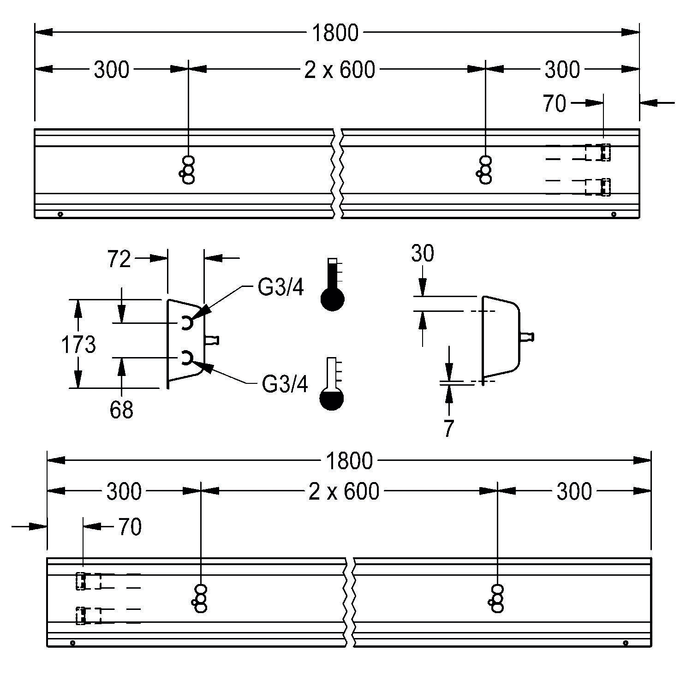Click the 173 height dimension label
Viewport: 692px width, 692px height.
pyautogui.click(x=78, y=345)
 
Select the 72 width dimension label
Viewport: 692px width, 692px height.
pyautogui.click(x=119, y=259)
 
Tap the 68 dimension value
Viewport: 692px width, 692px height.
pyautogui.click(x=121, y=410)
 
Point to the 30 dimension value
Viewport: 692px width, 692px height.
pyautogui.click(x=423, y=254)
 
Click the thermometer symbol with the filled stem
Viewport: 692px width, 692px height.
pyautogui.click(x=332, y=284)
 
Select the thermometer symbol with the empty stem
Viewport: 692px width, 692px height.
pyautogui.click(x=332, y=384)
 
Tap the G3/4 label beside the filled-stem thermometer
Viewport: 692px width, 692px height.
pyautogui.click(x=280, y=288)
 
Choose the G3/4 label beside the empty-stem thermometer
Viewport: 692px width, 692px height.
pyautogui.click(x=285, y=384)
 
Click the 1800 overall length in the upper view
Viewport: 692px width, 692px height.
pyautogui.click(x=335, y=33)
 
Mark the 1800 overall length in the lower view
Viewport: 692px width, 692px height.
pyautogui.click(x=349, y=461)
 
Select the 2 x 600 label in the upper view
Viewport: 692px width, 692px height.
pyautogui.click(x=340, y=70)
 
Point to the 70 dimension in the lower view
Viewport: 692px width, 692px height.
pyautogui.click(x=130, y=527)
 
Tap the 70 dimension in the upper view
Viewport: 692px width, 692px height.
pyautogui.click(x=554, y=104)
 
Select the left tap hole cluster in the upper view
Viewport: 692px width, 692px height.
pyautogui.click(x=188, y=170)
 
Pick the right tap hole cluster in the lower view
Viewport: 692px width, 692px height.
pyautogui.click(x=497, y=599)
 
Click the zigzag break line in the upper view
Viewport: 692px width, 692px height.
pyautogui.click(x=337, y=173)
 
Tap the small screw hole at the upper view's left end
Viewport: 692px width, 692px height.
pyautogui.click(x=60, y=214)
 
